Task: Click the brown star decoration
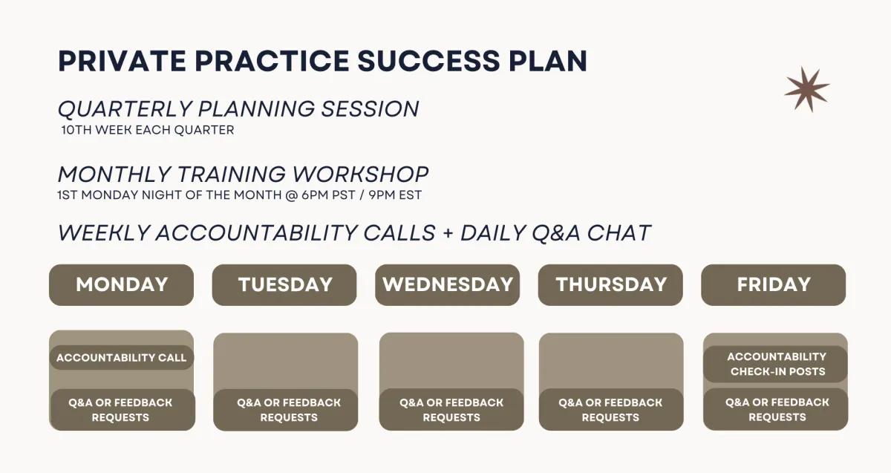click(807, 89)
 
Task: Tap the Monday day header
click(121, 285)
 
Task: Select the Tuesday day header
click(284, 285)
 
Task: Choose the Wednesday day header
click(448, 285)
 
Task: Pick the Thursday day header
click(610, 285)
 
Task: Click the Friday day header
click(774, 285)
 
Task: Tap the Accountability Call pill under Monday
click(121, 358)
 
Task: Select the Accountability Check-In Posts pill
click(776, 364)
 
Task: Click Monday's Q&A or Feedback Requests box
click(123, 410)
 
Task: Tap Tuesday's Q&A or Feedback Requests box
click(286, 410)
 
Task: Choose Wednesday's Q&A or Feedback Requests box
click(451, 409)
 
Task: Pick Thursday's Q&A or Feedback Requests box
click(611, 409)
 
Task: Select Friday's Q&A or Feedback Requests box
click(776, 409)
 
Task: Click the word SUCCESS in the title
click(428, 62)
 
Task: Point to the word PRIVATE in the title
click(122, 62)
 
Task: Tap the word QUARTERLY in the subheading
click(125, 109)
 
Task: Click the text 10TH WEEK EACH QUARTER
click(148, 130)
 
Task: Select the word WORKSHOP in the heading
click(360, 174)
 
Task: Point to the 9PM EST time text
click(395, 195)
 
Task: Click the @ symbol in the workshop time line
click(292, 195)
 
